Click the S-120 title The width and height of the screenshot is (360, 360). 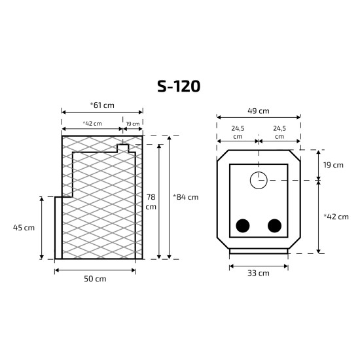point(179,86)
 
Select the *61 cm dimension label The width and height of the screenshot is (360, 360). point(102,105)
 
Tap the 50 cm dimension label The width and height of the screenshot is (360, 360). point(95,279)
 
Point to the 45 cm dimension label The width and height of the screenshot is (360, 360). point(24,228)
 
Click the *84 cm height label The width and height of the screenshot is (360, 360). point(186,197)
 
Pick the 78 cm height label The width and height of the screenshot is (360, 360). point(151,202)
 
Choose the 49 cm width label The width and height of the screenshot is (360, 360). point(259,111)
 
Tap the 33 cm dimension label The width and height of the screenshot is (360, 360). point(259,273)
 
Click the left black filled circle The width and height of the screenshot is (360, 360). point(243,226)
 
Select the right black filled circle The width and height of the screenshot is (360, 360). point(275,226)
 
